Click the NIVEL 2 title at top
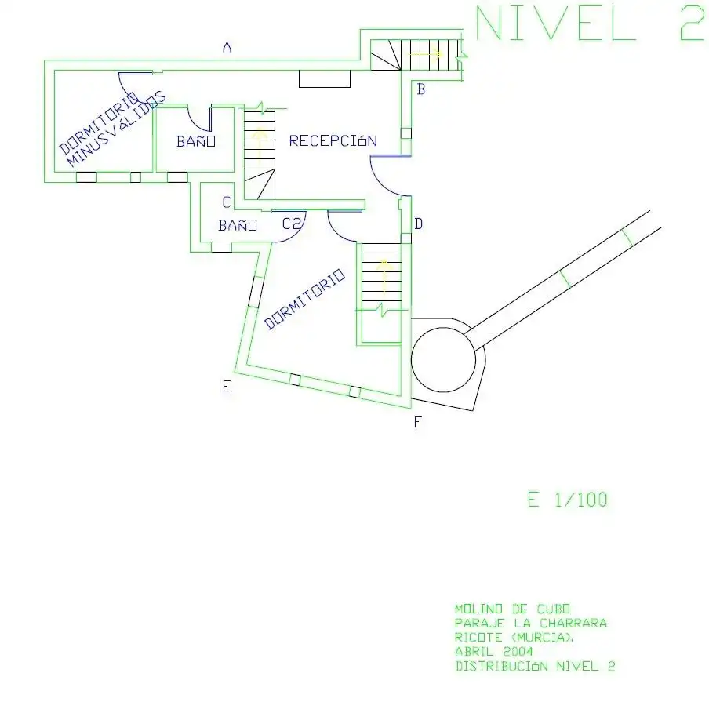[x=590, y=23]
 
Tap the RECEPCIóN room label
[x=333, y=140]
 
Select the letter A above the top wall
[x=227, y=46]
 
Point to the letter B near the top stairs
[x=420, y=89]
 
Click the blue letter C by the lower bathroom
[x=227, y=202]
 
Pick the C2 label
[x=291, y=224]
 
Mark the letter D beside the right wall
[x=419, y=224]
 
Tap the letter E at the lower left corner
[x=227, y=386]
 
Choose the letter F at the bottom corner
[x=417, y=422]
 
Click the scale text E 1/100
[x=568, y=500]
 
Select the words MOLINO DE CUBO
[x=512, y=609]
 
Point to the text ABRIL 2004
[x=494, y=651]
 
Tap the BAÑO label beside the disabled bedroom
[x=196, y=141]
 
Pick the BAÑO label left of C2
[x=238, y=225]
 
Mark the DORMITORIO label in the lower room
[x=304, y=299]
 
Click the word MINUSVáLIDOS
[x=117, y=129]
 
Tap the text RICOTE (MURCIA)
[x=514, y=638]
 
